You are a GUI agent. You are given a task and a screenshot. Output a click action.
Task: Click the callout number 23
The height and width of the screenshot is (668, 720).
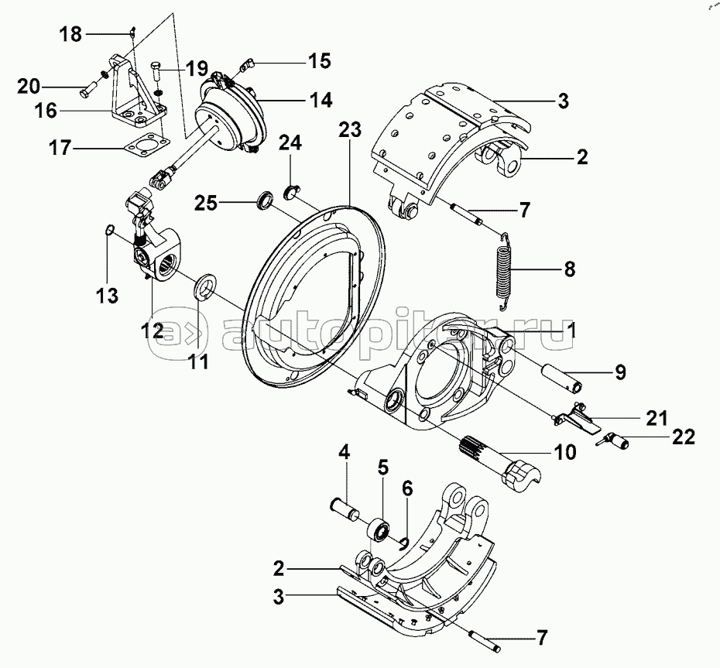[350, 131]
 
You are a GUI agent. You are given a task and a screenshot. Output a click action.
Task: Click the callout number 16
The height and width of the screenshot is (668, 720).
[46, 111]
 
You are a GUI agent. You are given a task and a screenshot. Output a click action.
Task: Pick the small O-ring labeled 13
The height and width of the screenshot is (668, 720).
[110, 228]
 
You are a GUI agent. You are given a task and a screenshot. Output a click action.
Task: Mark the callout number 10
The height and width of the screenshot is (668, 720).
[565, 452]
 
